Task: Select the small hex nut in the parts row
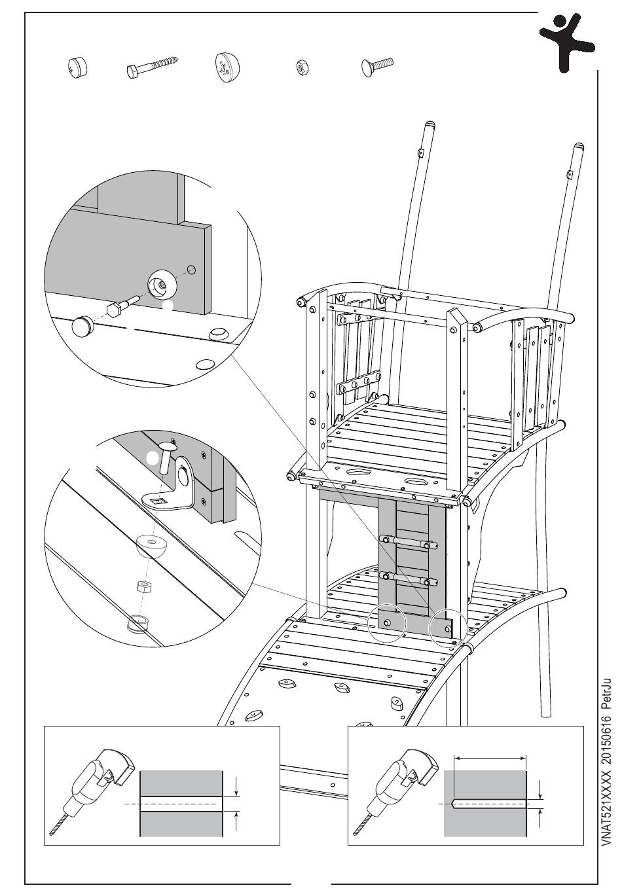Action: (x=302, y=66)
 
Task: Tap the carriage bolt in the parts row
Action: (x=375, y=65)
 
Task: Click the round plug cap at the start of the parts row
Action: (x=77, y=67)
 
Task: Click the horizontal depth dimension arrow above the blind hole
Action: (x=490, y=758)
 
